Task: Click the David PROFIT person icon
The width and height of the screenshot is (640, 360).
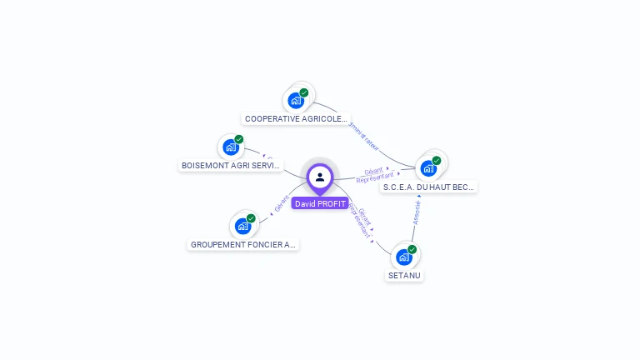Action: click(x=320, y=177)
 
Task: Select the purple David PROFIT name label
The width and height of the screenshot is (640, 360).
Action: click(x=320, y=203)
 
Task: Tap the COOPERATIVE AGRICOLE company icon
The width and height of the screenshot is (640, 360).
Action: click(x=296, y=100)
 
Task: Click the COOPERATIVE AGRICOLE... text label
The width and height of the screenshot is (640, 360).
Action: click(x=296, y=119)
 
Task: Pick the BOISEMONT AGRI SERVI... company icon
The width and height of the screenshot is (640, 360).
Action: click(x=231, y=147)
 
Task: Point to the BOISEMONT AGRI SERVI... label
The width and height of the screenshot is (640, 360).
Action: click(x=232, y=166)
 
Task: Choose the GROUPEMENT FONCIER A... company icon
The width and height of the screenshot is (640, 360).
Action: click(x=242, y=225)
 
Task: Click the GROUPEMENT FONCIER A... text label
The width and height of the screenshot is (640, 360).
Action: click(x=243, y=245)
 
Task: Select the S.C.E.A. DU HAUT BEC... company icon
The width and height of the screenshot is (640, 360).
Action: click(x=428, y=167)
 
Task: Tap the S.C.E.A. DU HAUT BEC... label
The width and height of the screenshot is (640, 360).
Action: click(x=428, y=187)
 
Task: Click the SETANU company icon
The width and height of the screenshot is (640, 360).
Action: click(x=404, y=257)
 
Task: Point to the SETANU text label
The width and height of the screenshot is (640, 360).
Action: click(x=404, y=275)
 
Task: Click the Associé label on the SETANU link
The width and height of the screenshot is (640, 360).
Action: click(x=417, y=212)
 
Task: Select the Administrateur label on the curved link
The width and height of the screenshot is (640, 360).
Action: click(x=363, y=136)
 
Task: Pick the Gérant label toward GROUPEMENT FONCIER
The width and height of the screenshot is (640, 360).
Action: click(x=281, y=202)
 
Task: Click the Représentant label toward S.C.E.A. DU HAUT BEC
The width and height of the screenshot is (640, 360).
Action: click(x=374, y=178)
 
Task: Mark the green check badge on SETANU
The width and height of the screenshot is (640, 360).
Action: click(x=412, y=249)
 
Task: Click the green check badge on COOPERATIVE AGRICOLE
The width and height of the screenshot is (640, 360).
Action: click(x=304, y=92)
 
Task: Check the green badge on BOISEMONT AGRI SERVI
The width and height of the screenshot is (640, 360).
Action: click(x=239, y=140)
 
